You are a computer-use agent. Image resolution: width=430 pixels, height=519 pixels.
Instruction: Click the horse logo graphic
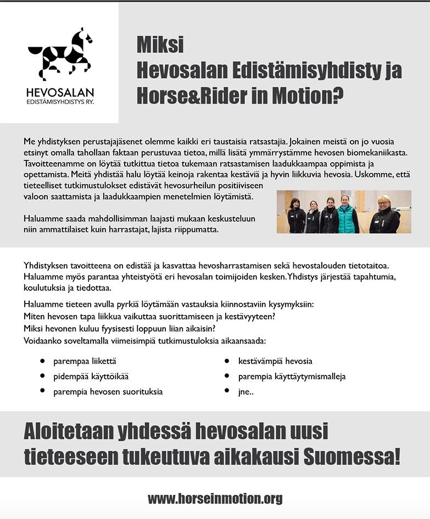(x=60, y=54)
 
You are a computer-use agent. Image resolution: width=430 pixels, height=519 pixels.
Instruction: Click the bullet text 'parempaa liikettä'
(x=85, y=361)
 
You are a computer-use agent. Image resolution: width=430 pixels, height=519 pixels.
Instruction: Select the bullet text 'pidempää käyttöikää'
(x=91, y=377)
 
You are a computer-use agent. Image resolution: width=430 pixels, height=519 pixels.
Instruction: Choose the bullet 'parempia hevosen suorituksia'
(x=108, y=392)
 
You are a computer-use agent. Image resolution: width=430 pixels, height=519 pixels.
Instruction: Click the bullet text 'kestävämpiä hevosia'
(x=275, y=361)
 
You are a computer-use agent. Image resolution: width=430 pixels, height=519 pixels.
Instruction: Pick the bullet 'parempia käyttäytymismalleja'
(x=292, y=377)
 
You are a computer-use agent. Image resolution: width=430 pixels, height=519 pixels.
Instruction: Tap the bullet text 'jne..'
(x=245, y=392)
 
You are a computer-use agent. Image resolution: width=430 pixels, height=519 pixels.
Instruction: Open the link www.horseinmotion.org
(x=215, y=499)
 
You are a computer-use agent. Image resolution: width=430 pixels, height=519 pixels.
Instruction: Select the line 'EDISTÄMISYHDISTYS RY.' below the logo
(x=60, y=102)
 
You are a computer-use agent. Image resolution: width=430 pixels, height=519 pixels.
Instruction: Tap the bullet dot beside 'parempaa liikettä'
(x=42, y=361)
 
